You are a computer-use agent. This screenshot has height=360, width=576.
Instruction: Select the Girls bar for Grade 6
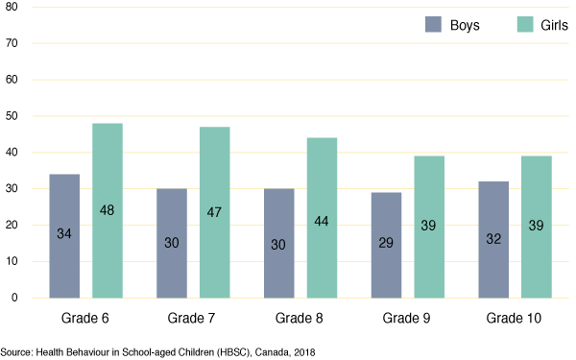pos(107,210)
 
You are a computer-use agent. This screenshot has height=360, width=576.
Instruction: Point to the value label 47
pos(214,243)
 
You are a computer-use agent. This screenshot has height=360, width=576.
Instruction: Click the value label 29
pos(386,243)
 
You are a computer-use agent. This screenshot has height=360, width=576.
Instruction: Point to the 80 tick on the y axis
pos(12,8)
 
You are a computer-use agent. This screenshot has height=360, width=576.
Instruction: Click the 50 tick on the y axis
pos(12,116)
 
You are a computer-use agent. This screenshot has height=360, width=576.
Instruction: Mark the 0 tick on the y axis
pos(14,299)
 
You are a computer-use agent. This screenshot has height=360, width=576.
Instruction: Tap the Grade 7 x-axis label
pos(193,317)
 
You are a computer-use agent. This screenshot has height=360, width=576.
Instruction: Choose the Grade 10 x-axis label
pos(515,317)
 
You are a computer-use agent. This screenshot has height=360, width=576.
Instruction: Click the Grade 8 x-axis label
pos(300,317)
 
